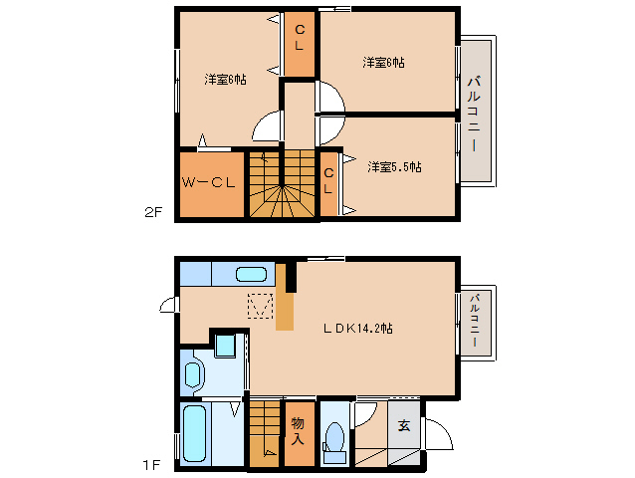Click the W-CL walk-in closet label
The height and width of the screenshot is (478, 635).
pyautogui.click(x=209, y=182)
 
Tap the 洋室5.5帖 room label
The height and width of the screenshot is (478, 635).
pyautogui.click(x=394, y=167)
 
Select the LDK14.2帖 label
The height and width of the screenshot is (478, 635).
pyautogui.click(x=358, y=328)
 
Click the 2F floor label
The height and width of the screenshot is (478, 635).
pyautogui.click(x=153, y=212)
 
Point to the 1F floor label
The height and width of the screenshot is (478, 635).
pyautogui.click(x=151, y=465)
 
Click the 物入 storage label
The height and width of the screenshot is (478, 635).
pyautogui.click(x=298, y=431)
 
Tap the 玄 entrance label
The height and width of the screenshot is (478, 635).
pyautogui.click(x=404, y=426)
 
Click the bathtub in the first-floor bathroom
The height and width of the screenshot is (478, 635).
pyautogui.click(x=195, y=434)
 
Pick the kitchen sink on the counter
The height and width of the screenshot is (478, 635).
pyautogui.click(x=251, y=274)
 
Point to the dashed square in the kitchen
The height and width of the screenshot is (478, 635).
pyautogui.click(x=260, y=306)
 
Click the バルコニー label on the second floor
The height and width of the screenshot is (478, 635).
pyautogui.click(x=474, y=114)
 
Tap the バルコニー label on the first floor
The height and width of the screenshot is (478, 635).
pyautogui.click(x=475, y=321)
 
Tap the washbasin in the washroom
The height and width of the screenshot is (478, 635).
pyautogui.click(x=193, y=374)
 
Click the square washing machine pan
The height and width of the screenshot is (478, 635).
pyautogui.click(x=225, y=346)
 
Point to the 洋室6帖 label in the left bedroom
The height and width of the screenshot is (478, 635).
pyautogui.click(x=226, y=80)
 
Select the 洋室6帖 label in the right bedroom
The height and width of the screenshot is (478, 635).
pyautogui.click(x=383, y=63)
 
